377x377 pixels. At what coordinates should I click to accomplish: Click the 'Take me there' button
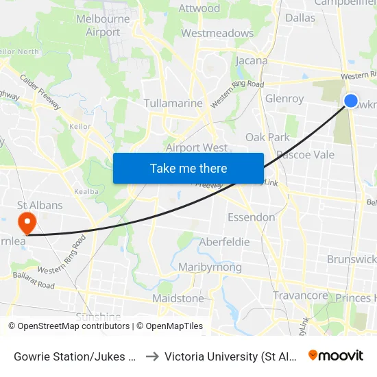[x=188, y=168]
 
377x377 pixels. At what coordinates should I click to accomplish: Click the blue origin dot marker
[x=350, y=101]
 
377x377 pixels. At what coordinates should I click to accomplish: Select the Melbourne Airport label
[x=104, y=25]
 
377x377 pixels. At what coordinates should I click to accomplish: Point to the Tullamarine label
[x=173, y=104]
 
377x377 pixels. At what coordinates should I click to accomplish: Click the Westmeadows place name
[x=217, y=33]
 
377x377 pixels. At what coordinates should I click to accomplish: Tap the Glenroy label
[x=284, y=99]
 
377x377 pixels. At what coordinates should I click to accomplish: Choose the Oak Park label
[x=267, y=137]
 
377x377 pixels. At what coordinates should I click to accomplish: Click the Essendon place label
[x=252, y=217]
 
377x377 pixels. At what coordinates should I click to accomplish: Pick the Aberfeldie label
[x=224, y=242]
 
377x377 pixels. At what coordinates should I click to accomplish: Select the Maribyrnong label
[x=209, y=267]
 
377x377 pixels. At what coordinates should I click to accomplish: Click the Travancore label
[x=300, y=295]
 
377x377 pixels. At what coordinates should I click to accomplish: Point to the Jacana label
[x=252, y=60]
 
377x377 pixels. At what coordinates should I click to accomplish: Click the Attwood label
[x=199, y=8]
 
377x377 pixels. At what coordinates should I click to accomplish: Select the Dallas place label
[x=300, y=18]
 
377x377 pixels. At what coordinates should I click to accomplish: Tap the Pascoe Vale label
[x=305, y=154]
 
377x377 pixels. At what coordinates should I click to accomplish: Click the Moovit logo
[x=335, y=355]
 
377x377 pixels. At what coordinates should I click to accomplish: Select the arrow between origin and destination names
[x=152, y=356]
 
